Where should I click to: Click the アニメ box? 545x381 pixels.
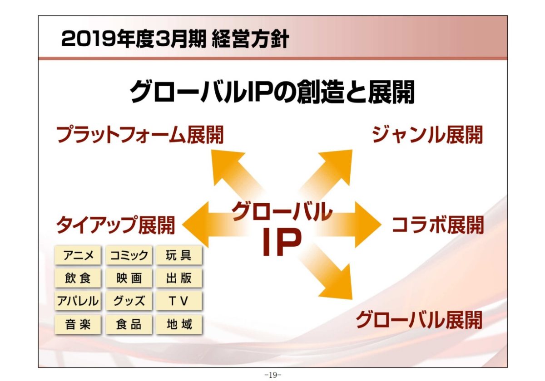point(78,255)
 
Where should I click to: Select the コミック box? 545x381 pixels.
point(129,255)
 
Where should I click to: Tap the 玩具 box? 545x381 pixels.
point(179,255)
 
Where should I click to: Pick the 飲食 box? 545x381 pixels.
point(78,278)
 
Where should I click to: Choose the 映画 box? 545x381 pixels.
point(129,278)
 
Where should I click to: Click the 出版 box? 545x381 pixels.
point(179,278)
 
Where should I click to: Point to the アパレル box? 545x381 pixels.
point(78,301)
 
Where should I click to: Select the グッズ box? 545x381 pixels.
point(129,301)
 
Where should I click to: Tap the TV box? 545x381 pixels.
point(179,301)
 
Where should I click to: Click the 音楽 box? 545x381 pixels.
point(78,324)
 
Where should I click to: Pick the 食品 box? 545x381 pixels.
point(129,324)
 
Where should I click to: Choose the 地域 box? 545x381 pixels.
point(179,324)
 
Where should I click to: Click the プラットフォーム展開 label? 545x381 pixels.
point(140,135)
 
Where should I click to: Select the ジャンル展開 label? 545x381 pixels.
point(427,135)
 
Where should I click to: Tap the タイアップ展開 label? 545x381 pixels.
point(115,225)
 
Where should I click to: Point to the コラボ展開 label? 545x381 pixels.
point(438,225)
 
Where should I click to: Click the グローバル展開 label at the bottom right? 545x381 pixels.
point(419,320)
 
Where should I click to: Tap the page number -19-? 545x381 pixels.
point(273,375)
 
